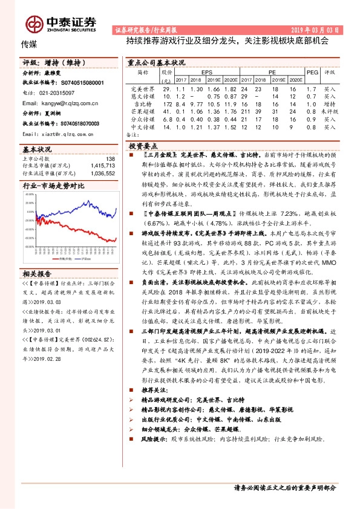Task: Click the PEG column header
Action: click(312, 71)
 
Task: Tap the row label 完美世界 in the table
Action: click(143, 88)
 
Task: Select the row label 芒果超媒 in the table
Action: click(143, 112)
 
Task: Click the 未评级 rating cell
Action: click(330, 112)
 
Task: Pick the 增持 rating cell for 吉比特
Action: click(330, 104)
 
